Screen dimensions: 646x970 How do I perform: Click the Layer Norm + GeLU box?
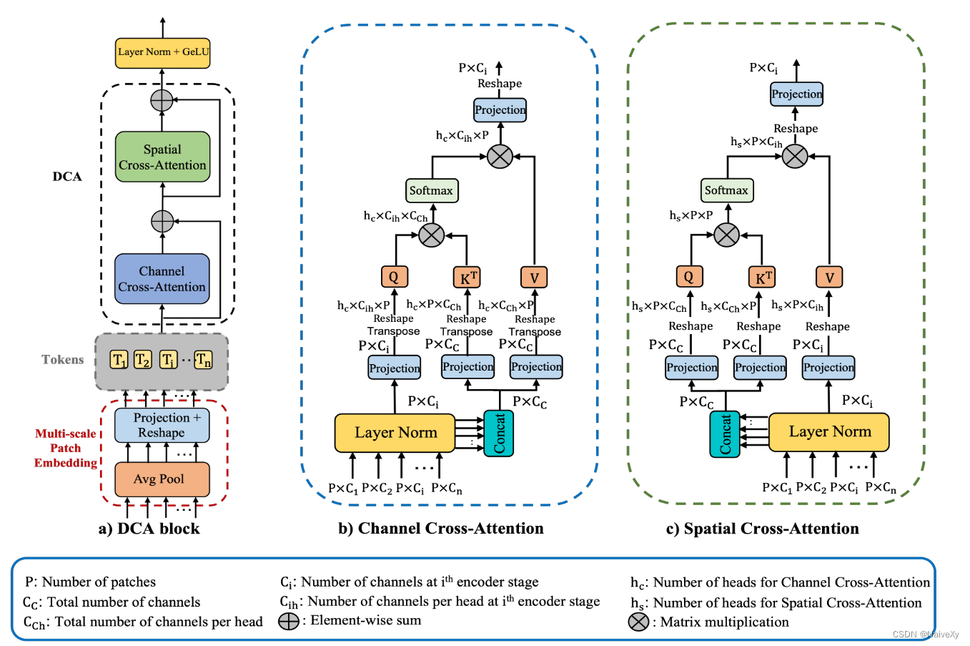tap(163, 53)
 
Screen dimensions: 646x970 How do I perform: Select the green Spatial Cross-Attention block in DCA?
tap(162, 157)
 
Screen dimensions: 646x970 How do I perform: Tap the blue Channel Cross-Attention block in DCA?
tap(162, 279)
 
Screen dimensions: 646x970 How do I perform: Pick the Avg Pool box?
tap(162, 479)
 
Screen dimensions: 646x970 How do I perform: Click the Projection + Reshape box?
tap(162, 426)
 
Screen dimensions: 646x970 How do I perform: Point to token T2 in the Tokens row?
tap(143, 360)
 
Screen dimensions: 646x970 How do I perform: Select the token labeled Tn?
tap(203, 360)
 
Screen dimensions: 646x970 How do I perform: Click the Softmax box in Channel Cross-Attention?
tap(431, 191)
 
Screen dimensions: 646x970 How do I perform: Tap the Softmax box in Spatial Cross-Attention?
tap(726, 190)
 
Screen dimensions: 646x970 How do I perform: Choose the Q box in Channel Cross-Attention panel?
tap(394, 277)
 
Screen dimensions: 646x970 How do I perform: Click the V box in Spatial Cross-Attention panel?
tap(829, 277)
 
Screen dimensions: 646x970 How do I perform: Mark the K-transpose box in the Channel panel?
tap(467, 278)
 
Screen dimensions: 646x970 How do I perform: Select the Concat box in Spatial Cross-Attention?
tap(725, 434)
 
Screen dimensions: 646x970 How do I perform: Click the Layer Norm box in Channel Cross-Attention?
tap(395, 433)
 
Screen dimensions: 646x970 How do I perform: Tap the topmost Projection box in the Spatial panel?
tap(796, 94)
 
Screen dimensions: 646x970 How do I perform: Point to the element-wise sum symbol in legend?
tap(289, 621)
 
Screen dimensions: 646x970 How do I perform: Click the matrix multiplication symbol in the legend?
tap(638, 622)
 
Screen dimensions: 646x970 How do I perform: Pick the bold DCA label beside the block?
tap(67, 177)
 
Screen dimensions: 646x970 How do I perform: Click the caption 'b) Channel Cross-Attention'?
tap(441, 529)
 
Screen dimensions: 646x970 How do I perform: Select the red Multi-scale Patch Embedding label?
tap(66, 449)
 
